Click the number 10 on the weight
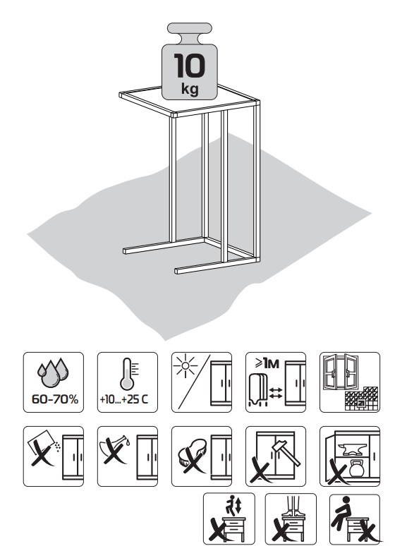190,65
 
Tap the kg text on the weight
190,88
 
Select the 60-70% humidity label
55,399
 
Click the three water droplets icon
53,372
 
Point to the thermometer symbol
128,374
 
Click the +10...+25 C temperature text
124,399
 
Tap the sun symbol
186,365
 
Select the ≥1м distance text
267,363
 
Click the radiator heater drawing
258,389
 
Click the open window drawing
341,372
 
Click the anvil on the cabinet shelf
354,449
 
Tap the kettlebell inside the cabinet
356,468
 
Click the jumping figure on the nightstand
230,505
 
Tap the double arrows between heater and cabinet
276,393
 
